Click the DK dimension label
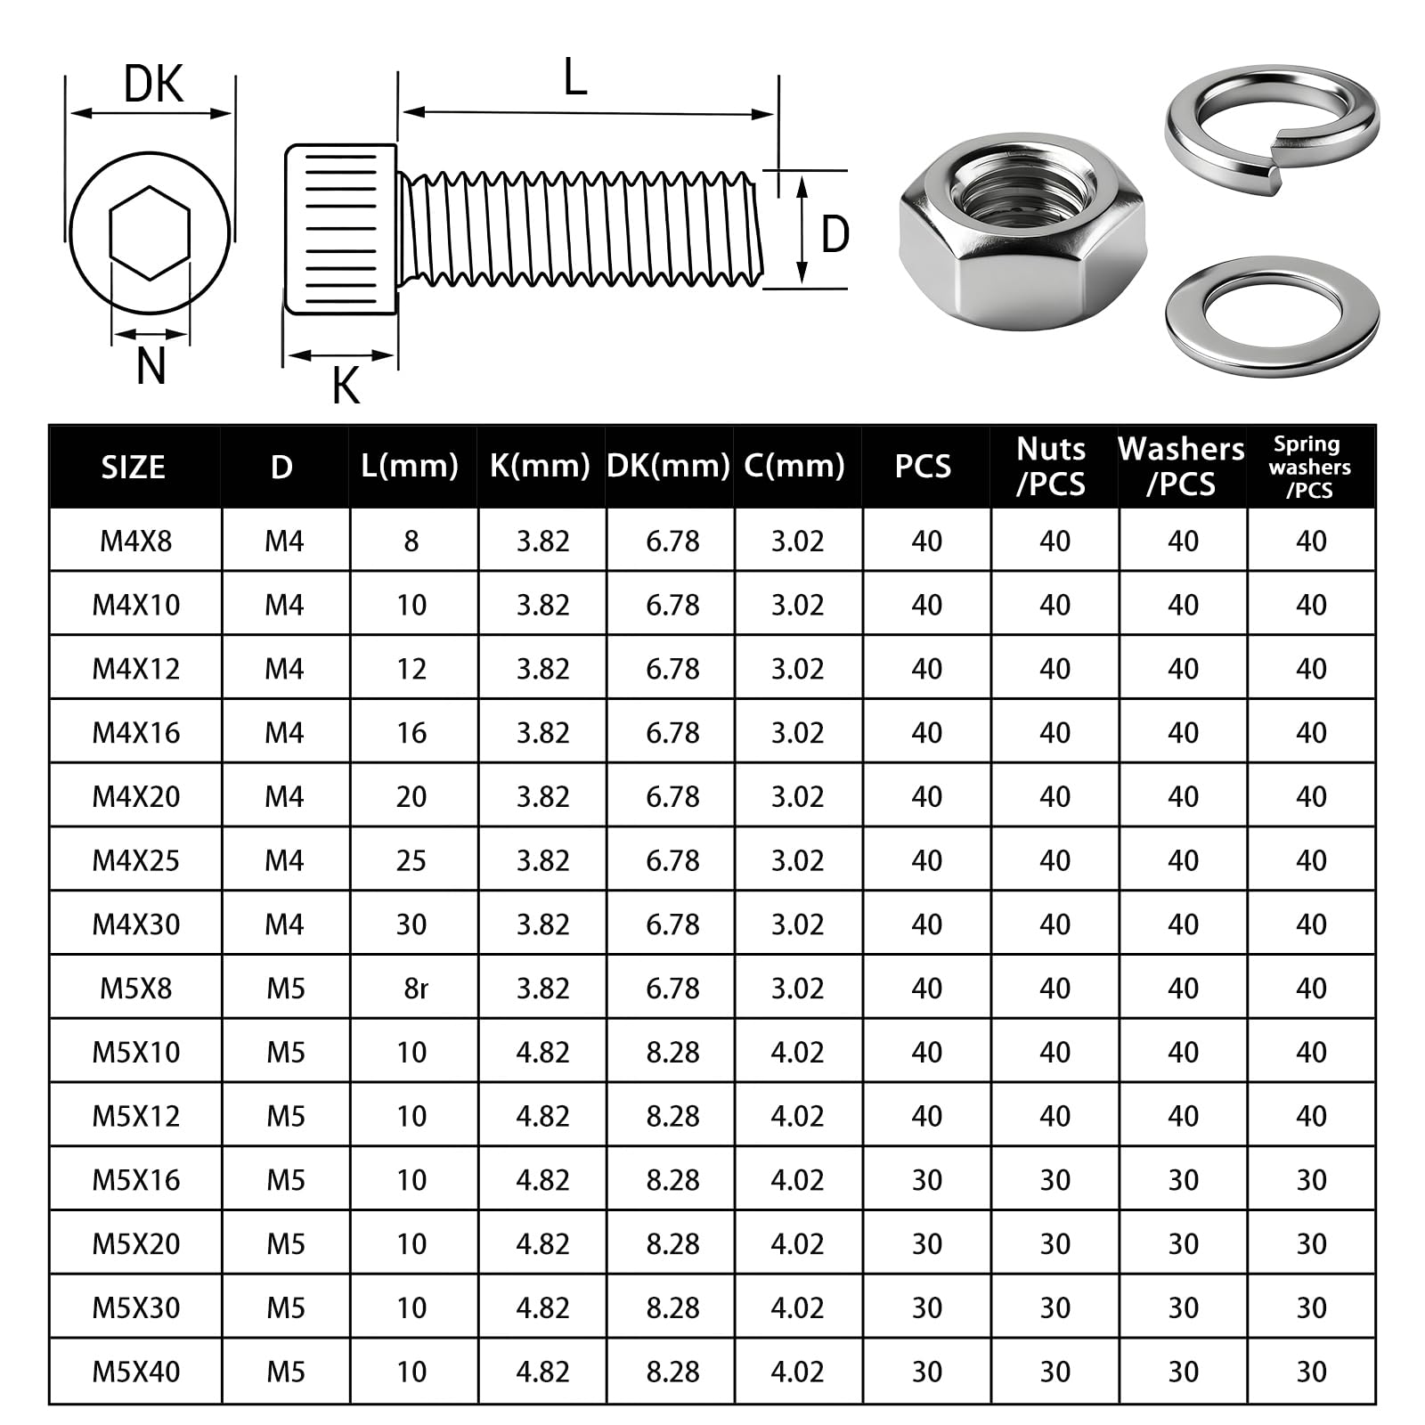pyautogui.click(x=153, y=85)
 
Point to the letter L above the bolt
pyautogui.click(x=575, y=77)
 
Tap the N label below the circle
pyautogui.click(x=151, y=365)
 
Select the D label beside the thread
pyautogui.click(x=835, y=234)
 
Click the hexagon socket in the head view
pyautogui.click(x=150, y=233)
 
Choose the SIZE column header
pyautogui.click(x=133, y=467)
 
